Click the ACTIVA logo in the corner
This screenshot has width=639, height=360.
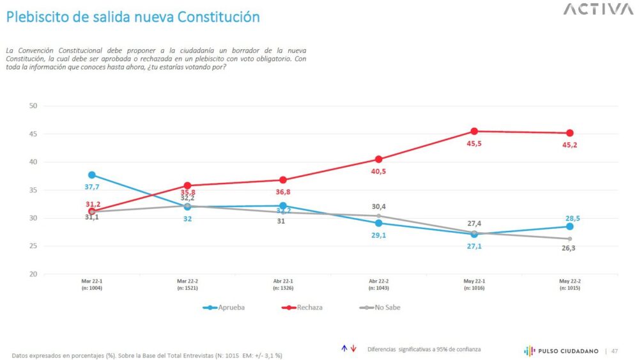(x=598, y=10)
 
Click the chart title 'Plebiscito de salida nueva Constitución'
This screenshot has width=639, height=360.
(x=133, y=17)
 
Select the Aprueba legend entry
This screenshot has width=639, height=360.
(x=224, y=308)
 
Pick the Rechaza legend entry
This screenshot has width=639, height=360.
(x=303, y=308)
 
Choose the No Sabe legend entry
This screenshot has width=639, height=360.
(x=381, y=308)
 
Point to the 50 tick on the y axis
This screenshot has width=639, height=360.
(x=33, y=106)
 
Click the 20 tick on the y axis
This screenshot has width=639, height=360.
(x=33, y=274)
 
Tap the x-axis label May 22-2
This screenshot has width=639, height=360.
(x=569, y=283)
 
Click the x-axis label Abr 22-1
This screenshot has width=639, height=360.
(x=282, y=283)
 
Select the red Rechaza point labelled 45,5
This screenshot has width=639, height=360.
(x=474, y=131)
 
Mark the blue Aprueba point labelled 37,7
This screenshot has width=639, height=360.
(x=92, y=175)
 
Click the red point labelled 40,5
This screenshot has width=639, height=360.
(x=378, y=159)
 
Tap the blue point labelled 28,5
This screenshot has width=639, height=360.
(x=569, y=226)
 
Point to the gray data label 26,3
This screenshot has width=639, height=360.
(x=569, y=250)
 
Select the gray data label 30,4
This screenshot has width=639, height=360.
(x=379, y=206)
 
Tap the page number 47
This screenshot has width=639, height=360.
(x=615, y=350)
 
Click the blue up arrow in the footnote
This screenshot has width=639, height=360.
(x=344, y=348)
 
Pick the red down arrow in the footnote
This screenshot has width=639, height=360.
(x=353, y=348)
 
